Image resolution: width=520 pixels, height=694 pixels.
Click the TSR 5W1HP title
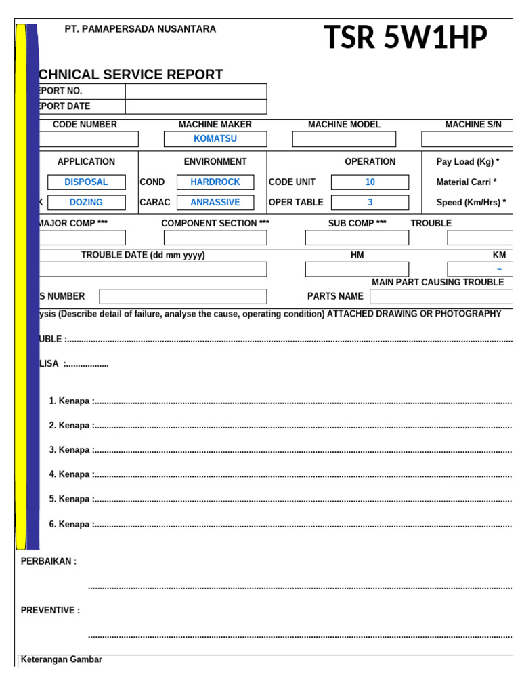[x=405, y=38]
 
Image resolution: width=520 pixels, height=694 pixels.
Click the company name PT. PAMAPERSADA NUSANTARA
[x=140, y=29]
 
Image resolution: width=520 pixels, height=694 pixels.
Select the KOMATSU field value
[x=215, y=139]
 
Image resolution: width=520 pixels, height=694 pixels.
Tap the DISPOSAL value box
[x=86, y=182]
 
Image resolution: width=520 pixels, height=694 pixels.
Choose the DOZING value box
[x=86, y=202]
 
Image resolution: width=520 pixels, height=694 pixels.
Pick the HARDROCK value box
[x=215, y=182]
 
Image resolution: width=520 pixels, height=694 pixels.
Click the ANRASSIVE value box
[x=215, y=202]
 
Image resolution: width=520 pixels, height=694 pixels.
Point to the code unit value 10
[x=370, y=182]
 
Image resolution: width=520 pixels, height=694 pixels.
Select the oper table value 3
[x=370, y=202]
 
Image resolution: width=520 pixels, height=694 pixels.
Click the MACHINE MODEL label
[x=344, y=125]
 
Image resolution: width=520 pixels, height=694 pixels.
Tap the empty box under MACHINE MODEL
[x=344, y=139]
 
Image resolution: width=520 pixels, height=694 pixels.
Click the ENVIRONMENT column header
[x=215, y=162]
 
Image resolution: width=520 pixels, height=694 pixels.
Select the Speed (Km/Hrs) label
[x=471, y=203]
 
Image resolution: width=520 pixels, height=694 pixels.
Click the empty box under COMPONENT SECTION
[x=215, y=238]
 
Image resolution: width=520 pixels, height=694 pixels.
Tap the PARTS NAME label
[x=335, y=296]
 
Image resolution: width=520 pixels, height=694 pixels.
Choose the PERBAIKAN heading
[x=49, y=561]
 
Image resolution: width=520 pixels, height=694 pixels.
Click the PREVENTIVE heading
[x=50, y=611]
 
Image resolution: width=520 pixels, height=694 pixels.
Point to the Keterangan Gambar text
[x=62, y=659]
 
